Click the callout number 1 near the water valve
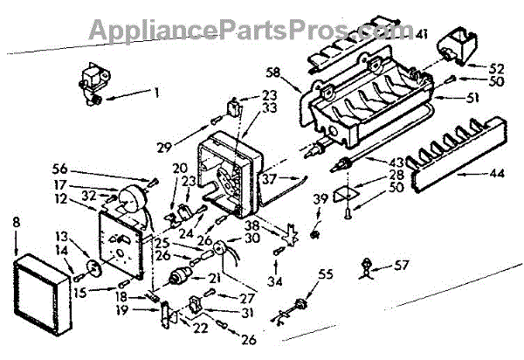[157, 91]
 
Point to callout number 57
[402, 262]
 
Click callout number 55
[326, 274]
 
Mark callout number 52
[472, 66]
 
